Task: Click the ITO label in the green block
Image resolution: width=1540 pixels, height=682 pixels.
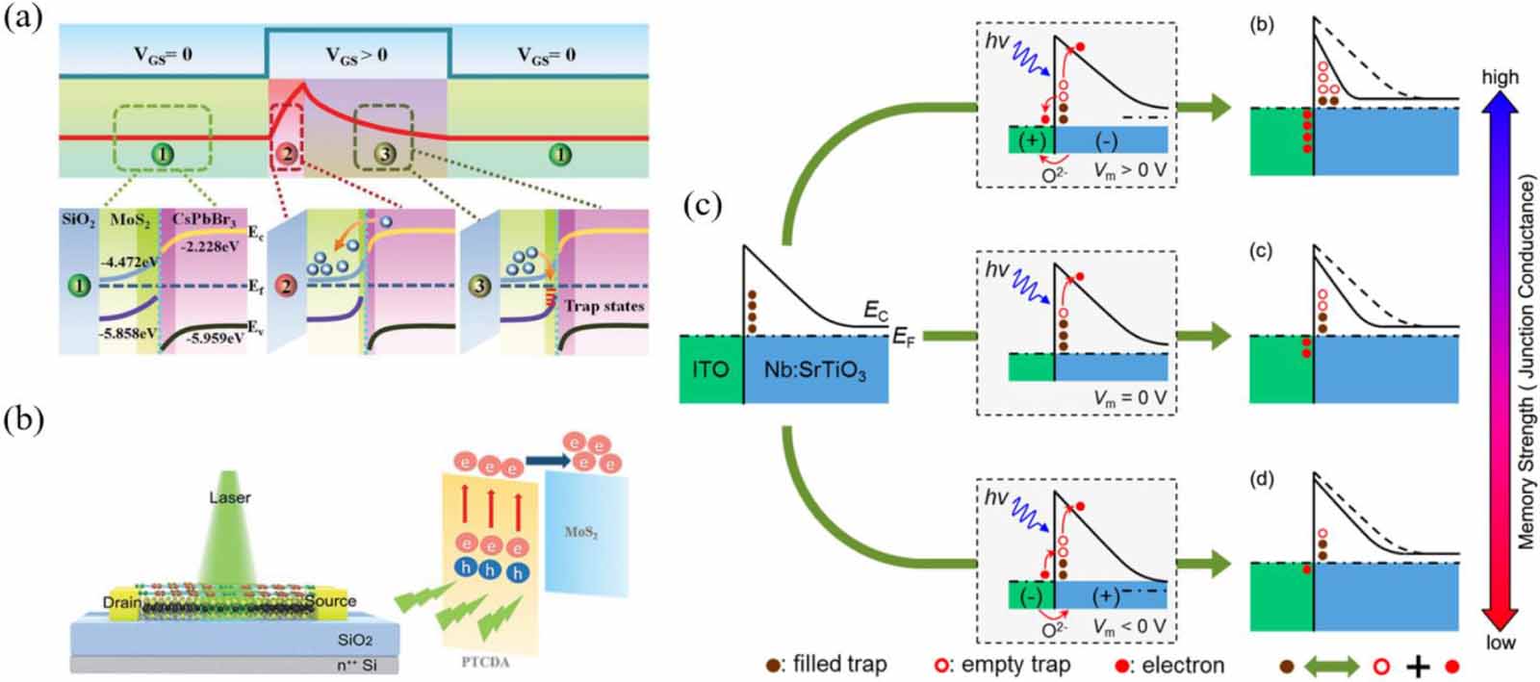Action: coord(710,368)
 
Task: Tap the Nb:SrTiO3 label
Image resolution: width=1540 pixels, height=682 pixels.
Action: coord(814,369)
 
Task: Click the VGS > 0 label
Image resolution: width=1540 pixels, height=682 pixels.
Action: coord(355,55)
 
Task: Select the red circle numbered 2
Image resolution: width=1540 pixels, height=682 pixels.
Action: coord(286,154)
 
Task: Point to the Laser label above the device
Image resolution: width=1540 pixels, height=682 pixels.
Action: coord(229,497)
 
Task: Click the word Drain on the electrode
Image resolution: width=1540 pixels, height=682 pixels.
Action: coord(122,603)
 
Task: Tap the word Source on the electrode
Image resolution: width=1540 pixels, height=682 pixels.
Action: coord(330,601)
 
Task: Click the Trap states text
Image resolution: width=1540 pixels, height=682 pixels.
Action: coord(604,307)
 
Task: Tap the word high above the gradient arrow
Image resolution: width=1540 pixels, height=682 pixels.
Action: coord(1500,77)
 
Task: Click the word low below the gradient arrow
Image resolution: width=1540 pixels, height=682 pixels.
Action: coord(1500,643)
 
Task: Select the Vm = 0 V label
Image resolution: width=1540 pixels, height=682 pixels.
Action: coord(1125,397)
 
